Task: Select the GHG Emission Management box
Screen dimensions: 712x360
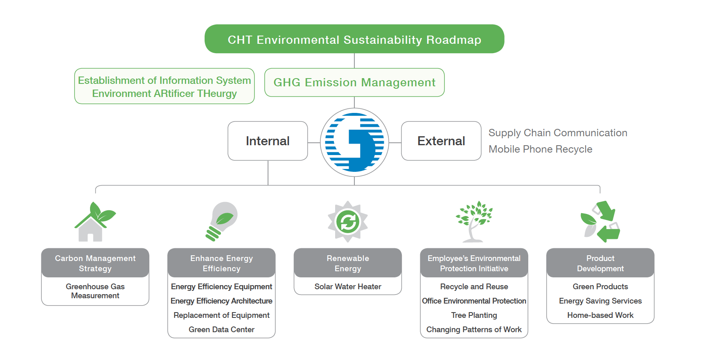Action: (354, 82)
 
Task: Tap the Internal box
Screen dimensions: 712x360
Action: (268, 141)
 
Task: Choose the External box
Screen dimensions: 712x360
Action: (441, 141)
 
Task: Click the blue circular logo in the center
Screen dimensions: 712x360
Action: (354, 142)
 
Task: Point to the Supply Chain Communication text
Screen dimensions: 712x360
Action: (558, 133)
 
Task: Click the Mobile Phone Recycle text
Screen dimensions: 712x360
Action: (541, 149)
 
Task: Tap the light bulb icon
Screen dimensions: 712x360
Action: (221, 221)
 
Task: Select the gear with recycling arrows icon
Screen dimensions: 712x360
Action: (348, 221)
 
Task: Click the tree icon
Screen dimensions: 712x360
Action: (474, 221)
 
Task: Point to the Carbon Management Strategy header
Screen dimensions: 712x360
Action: (95, 263)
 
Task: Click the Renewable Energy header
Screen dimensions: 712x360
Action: (348, 263)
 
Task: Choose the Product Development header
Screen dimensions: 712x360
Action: (600, 263)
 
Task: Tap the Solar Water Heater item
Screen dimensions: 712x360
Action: (348, 287)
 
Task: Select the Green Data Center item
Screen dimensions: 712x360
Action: (221, 330)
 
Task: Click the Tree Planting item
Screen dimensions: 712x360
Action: (474, 315)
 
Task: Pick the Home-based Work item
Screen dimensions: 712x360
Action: (600, 315)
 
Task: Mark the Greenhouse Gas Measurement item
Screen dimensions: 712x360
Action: (95, 291)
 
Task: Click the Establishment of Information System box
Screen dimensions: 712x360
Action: (164, 86)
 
